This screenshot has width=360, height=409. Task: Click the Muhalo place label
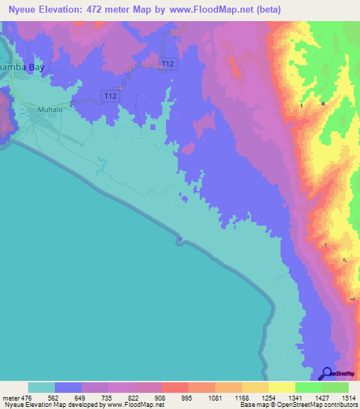click(x=50, y=110)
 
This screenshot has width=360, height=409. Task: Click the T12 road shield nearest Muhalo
click(x=109, y=96)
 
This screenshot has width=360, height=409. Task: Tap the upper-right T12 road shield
click(x=167, y=63)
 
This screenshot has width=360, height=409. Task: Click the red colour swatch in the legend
click(x=174, y=387)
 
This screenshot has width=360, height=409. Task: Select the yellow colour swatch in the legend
click(x=281, y=387)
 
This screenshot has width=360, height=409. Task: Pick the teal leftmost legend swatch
click(x=41, y=387)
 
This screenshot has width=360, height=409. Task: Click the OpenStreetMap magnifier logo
click(x=327, y=374)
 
